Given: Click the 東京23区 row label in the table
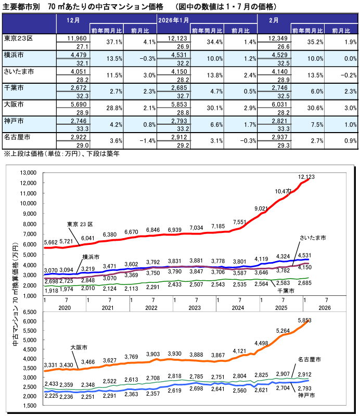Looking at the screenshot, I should (x=19, y=38).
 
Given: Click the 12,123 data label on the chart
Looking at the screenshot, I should (x=306, y=163).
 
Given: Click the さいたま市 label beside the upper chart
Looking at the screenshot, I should (x=312, y=238).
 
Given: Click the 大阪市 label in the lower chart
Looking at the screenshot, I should (x=79, y=346).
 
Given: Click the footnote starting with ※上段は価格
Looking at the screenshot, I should (x=62, y=154).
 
